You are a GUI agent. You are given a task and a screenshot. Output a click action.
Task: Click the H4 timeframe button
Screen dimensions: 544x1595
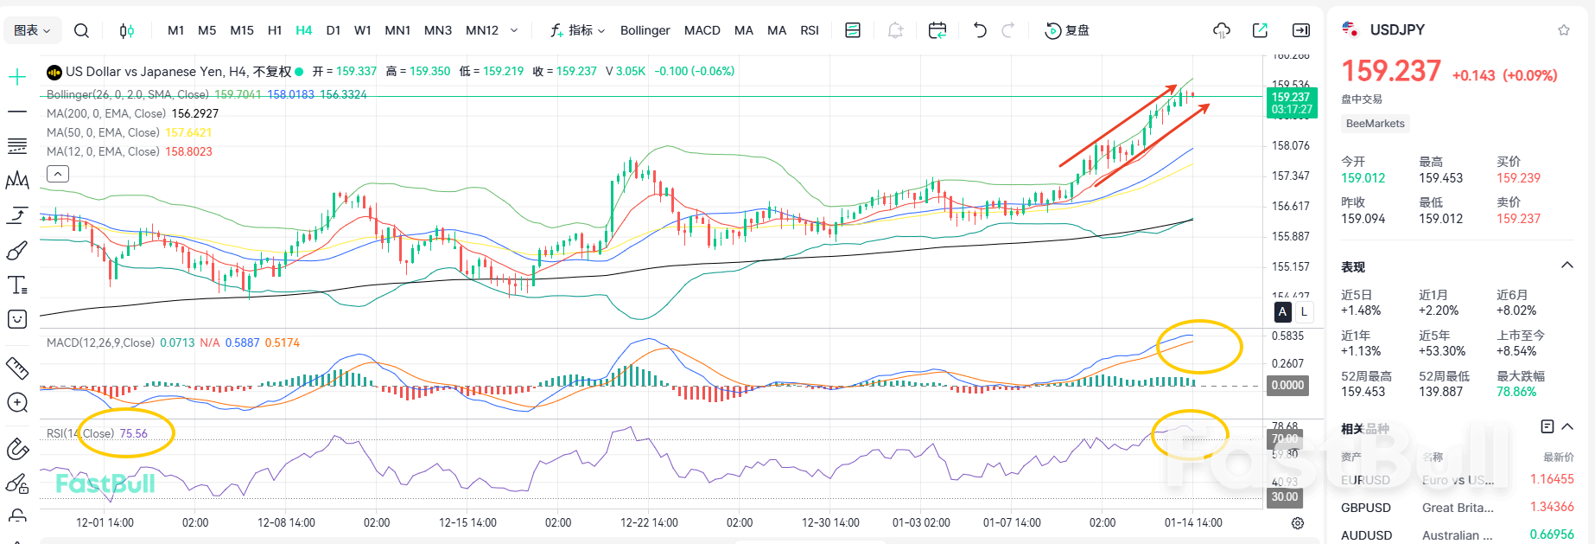[303, 30]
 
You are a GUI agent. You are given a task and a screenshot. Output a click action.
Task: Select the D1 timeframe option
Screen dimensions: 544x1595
[333, 30]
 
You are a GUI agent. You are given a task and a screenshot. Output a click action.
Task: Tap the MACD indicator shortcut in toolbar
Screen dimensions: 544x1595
[702, 30]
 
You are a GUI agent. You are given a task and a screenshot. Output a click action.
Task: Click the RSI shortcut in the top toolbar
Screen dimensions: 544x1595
[809, 30]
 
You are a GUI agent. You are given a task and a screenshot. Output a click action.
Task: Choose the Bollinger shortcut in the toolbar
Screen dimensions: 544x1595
[645, 30]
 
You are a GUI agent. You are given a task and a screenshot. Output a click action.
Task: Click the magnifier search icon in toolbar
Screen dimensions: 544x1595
[81, 30]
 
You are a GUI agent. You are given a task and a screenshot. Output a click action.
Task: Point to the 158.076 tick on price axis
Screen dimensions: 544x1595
[1291, 145]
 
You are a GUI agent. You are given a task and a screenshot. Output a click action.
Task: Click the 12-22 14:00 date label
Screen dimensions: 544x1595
[648, 522]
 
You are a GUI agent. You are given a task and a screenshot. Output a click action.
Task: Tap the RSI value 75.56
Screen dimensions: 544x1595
[133, 433]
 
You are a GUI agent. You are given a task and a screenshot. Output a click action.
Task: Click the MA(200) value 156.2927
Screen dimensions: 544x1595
[194, 113]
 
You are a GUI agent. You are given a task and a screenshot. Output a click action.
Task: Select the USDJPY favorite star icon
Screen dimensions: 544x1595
[1563, 30]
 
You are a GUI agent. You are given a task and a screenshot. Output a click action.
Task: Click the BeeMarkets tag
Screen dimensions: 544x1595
[1375, 124]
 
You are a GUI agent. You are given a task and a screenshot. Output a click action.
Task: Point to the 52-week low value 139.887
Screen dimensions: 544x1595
[1440, 392]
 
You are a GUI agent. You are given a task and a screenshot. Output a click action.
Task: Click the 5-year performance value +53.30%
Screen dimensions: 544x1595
[1441, 351]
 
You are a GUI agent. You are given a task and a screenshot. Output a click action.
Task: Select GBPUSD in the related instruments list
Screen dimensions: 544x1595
[1366, 508]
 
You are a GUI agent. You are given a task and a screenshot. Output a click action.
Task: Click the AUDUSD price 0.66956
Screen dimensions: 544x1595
[1551, 534]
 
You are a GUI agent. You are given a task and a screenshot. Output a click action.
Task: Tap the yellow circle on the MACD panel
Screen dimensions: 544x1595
[1199, 347]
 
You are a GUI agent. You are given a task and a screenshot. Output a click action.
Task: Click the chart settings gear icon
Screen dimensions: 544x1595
[1297, 523]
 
